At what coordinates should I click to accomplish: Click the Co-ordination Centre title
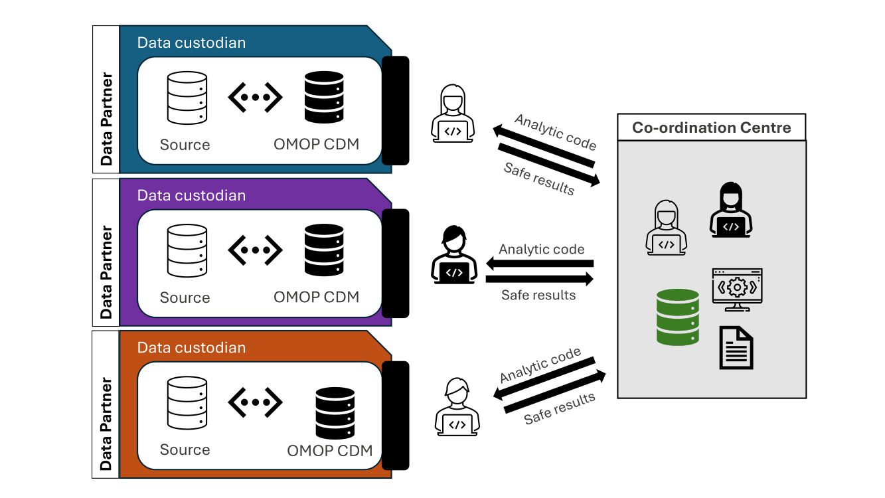click(x=711, y=127)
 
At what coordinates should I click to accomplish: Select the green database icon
click(x=677, y=317)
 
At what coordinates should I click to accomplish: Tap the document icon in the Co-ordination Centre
click(x=736, y=347)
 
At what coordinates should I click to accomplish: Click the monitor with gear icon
click(x=737, y=290)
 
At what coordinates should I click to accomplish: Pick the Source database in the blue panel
click(x=187, y=98)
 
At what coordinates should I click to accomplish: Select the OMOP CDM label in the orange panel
click(x=329, y=450)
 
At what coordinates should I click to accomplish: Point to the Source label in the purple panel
click(x=185, y=297)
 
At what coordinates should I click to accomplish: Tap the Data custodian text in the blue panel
click(x=191, y=42)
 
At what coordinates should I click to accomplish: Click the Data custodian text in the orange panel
click(x=191, y=347)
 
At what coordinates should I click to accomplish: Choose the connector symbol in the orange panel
click(x=256, y=402)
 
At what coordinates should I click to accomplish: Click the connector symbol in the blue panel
click(x=256, y=98)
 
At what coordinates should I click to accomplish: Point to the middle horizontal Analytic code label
click(x=542, y=250)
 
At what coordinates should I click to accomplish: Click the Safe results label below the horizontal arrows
click(x=538, y=295)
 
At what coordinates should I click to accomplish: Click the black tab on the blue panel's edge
click(x=396, y=110)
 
